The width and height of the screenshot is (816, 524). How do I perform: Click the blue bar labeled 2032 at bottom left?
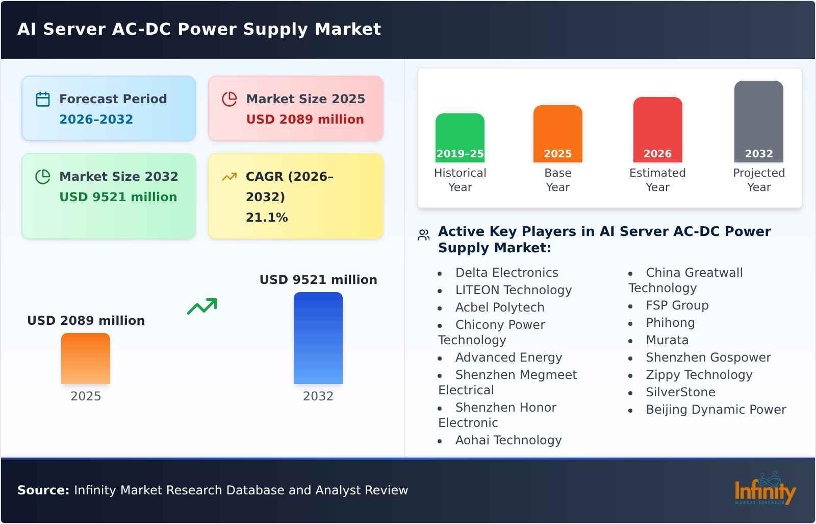(318, 338)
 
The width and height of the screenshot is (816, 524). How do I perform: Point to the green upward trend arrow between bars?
(202, 306)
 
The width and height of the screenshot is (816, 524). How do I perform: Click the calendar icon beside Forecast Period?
(43, 99)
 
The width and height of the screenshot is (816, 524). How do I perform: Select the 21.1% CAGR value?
(267, 218)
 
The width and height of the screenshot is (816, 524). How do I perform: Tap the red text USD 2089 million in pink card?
(305, 120)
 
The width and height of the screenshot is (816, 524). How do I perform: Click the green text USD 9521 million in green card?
(118, 197)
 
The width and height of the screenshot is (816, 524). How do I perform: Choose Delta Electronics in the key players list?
(506, 273)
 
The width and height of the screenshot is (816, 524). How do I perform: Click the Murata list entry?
(667, 340)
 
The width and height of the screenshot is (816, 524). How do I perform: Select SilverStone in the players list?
(680, 392)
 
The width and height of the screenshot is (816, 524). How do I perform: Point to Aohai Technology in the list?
(508, 440)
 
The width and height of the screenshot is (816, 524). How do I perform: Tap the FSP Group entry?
(677, 305)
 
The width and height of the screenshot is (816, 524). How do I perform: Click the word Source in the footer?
(43, 490)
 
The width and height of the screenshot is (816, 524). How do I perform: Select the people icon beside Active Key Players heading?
(423, 235)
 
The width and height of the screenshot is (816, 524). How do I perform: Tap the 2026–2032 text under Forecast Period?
(96, 120)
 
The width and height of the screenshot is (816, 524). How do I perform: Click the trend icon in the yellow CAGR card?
(229, 177)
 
